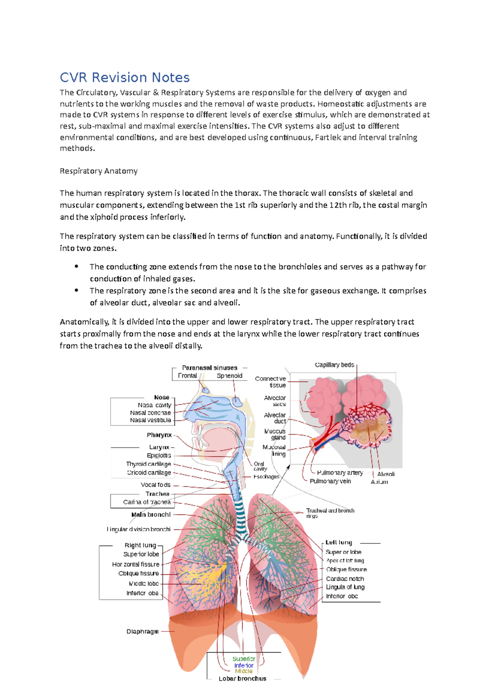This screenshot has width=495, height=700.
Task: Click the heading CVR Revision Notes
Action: point(125,78)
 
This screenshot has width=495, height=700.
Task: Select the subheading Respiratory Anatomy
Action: point(99,171)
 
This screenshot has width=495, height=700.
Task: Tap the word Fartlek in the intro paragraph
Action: point(328,137)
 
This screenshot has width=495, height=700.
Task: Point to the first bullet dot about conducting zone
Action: point(76,267)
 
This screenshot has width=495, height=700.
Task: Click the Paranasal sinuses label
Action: point(210,368)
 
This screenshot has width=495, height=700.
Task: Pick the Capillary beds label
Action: point(334,365)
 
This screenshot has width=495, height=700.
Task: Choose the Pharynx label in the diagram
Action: point(159,435)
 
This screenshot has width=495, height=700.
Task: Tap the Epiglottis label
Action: point(159,456)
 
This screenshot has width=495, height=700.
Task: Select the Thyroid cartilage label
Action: point(148,464)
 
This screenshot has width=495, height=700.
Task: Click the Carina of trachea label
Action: point(146,502)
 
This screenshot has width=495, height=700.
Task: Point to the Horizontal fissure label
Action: point(136,564)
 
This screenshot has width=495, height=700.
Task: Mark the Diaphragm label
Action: point(142,632)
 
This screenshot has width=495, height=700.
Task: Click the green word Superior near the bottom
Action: point(244,659)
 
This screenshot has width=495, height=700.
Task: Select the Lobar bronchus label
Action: point(243,679)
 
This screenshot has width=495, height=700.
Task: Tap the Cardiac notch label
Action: point(345,579)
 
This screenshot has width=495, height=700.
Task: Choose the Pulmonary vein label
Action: point(330,481)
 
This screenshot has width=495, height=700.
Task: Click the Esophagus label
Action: point(266,477)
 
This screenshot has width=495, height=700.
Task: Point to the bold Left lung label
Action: point(339,543)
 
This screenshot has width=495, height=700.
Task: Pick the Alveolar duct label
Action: point(275,418)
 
